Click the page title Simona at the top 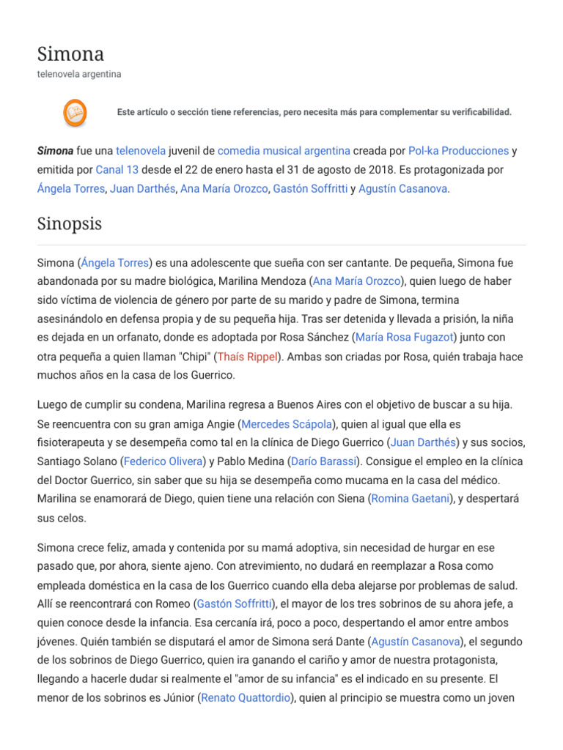[70, 53]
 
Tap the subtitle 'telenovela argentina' [79, 74]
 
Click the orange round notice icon [75, 112]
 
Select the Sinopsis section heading [70, 223]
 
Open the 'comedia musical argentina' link [284, 151]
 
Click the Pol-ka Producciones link [458, 151]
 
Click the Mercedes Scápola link [286, 424]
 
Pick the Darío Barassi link [324, 461]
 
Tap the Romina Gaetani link [412, 499]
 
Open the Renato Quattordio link [244, 698]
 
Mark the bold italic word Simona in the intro [55, 151]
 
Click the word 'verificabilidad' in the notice [476, 112]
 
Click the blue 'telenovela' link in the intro [141, 151]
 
